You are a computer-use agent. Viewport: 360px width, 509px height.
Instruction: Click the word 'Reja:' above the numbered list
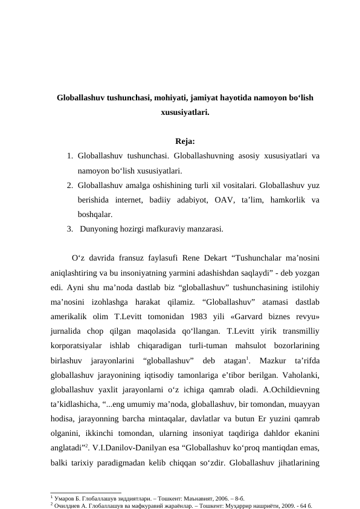184,142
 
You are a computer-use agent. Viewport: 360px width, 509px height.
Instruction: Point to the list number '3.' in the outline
71,229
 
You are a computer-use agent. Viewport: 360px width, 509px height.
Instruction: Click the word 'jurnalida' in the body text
69,331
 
